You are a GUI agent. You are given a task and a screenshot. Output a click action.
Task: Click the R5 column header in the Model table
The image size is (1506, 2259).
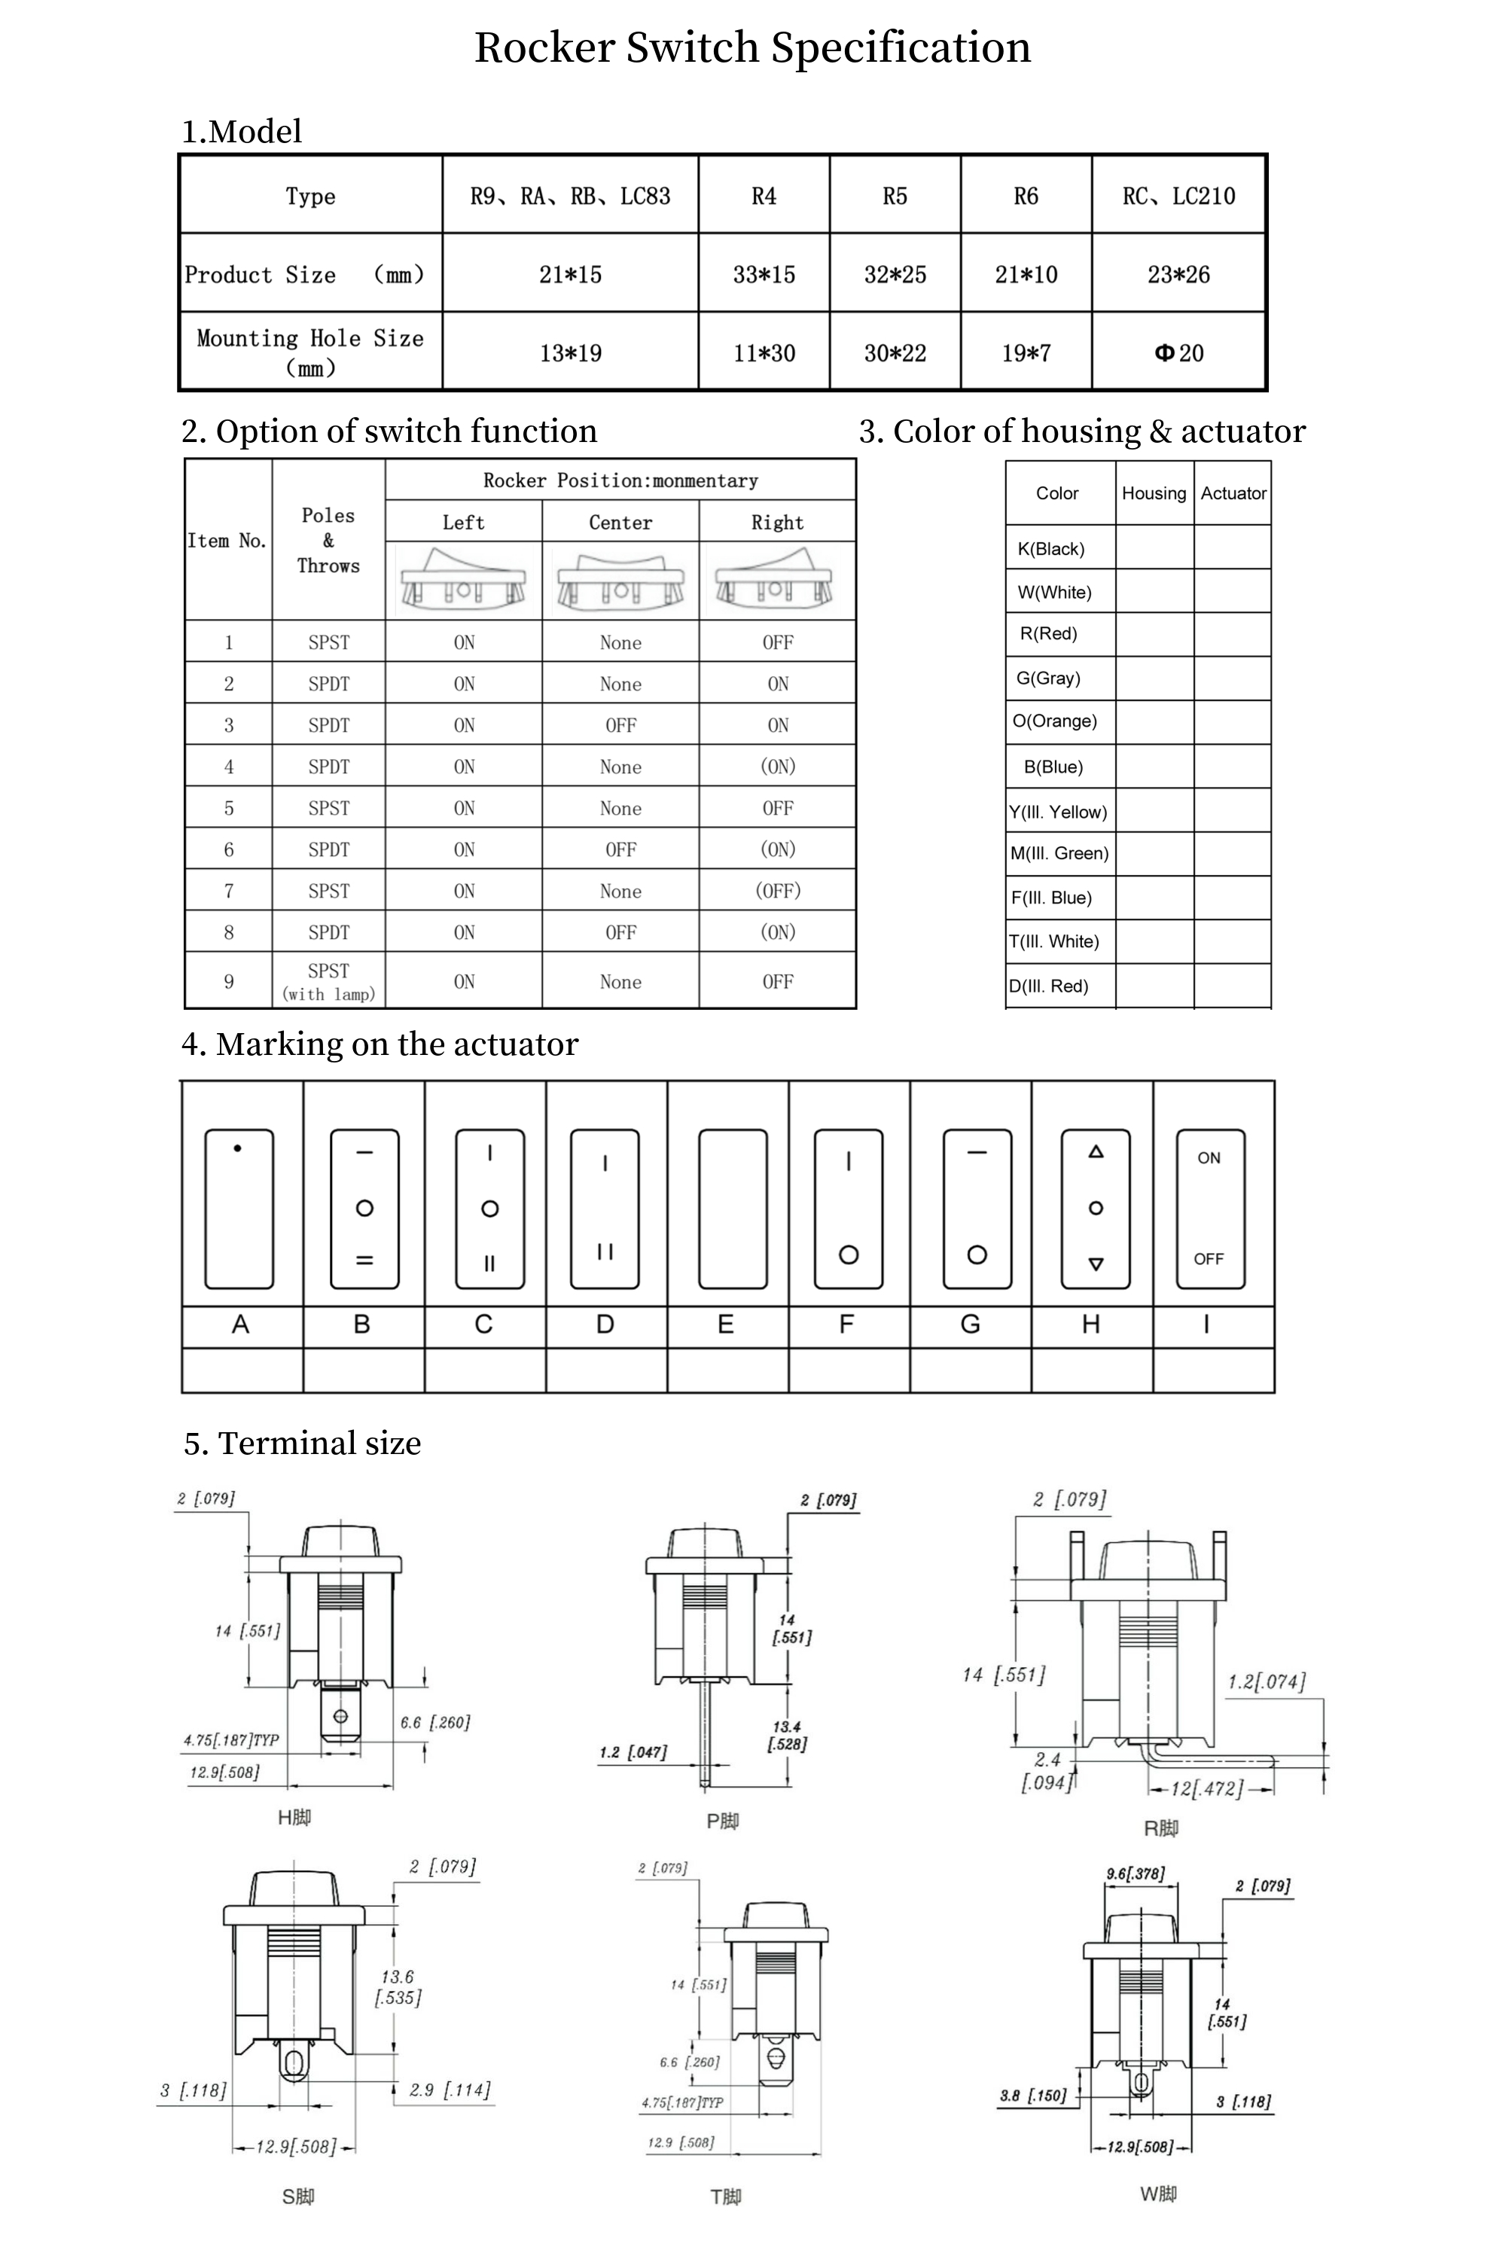[x=895, y=196]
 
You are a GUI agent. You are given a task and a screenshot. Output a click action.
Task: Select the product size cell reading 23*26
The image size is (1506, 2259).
[x=1178, y=275]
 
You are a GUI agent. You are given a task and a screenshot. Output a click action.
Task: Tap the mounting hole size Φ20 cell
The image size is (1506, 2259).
[x=1178, y=352]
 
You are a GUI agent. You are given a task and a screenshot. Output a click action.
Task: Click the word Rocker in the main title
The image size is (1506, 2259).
[x=544, y=47]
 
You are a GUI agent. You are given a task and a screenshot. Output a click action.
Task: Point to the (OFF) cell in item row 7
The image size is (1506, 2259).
[x=777, y=890]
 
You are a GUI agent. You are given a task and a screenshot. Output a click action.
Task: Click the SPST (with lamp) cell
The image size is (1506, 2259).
[x=328, y=980]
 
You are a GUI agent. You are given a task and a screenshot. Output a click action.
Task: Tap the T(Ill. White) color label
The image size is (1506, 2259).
[x=1053, y=941]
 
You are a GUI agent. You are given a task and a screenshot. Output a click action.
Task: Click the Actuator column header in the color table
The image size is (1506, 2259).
[x=1233, y=492]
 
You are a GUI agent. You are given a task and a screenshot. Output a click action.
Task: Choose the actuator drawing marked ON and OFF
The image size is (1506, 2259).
[x=1209, y=1209]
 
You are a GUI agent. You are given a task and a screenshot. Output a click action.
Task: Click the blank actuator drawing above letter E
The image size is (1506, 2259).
[x=733, y=1209]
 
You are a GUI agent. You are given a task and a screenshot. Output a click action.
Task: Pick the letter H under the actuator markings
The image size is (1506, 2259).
[x=1090, y=1325]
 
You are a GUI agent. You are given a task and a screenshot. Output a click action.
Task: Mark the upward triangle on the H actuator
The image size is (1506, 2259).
[x=1096, y=1151]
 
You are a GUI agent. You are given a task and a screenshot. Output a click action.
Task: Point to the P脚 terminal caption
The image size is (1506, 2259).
[x=722, y=1821]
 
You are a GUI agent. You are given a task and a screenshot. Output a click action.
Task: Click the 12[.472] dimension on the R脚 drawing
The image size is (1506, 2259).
[x=1206, y=1788]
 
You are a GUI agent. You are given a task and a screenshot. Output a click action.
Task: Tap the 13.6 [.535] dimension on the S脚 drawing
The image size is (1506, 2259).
[x=398, y=1987]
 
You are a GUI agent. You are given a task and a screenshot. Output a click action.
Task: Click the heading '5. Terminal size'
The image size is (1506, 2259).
[x=303, y=1443]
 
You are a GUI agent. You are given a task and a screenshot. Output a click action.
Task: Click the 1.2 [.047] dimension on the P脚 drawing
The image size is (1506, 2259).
[x=633, y=1752]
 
